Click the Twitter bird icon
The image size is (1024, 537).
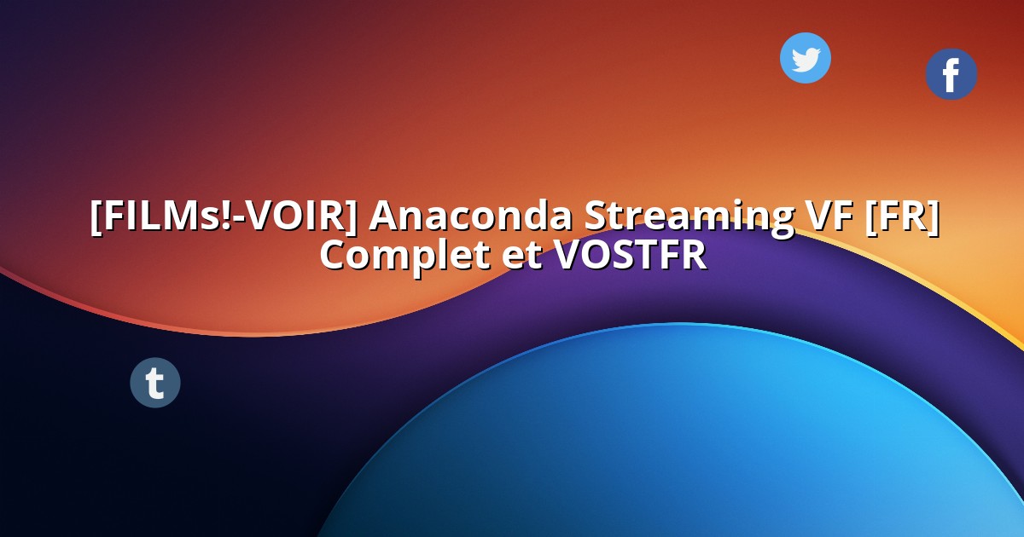coord(805,58)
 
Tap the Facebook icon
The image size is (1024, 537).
coord(951,74)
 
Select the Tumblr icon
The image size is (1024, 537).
coord(154,383)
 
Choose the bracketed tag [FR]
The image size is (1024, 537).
coord(901,217)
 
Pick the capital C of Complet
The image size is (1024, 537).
coord(334,255)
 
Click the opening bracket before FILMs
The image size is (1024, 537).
coord(96,217)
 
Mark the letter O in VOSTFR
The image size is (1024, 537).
coord(596,255)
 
